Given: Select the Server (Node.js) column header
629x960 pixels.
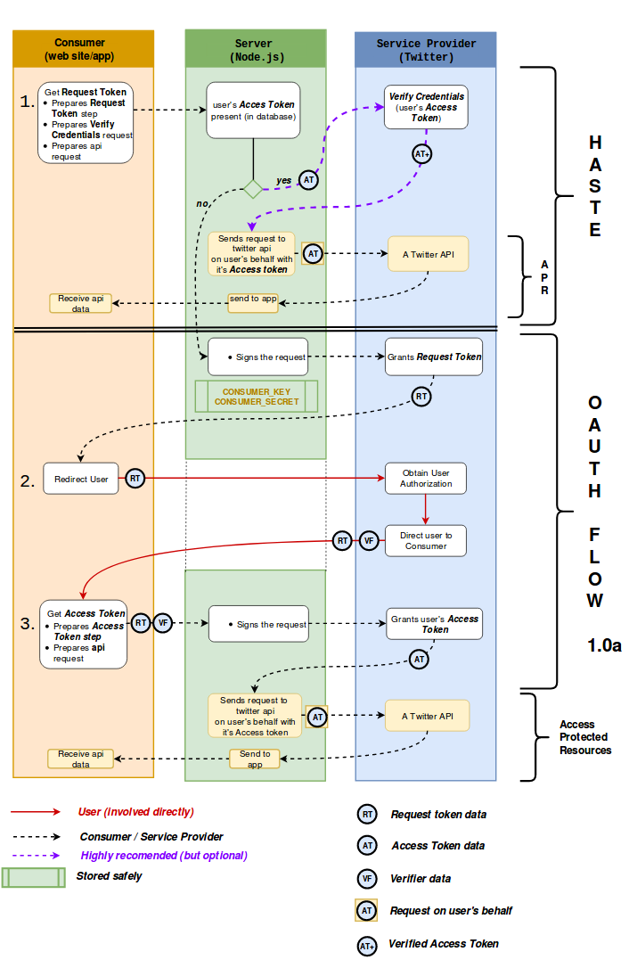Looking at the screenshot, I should (255, 49).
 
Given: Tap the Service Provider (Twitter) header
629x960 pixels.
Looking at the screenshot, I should (426, 49).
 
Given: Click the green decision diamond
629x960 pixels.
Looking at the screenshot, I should (254, 189).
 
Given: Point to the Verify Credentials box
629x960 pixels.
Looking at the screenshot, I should (426, 107).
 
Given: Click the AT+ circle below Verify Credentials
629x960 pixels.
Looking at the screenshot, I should (424, 153).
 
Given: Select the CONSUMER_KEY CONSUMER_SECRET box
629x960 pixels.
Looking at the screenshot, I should (257, 397).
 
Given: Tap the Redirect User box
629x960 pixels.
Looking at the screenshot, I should (81, 479).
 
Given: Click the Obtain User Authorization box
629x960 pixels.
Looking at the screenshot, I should (426, 479).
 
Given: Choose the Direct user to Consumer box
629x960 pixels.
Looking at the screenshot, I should (426, 540).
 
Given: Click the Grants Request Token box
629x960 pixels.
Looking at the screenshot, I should (434, 357).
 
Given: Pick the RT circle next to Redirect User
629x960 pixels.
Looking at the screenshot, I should (135, 479).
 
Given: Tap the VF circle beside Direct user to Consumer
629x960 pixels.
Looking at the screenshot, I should (368, 540).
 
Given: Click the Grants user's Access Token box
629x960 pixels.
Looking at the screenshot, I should (434, 624).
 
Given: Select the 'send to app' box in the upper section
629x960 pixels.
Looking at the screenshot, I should (253, 299).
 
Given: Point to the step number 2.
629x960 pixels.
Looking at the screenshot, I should (28, 480).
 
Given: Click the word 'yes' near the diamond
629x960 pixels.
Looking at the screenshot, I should (283, 181).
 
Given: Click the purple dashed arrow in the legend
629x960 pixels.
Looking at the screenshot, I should (36, 856).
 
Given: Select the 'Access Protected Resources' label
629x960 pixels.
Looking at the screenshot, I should (584, 737).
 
